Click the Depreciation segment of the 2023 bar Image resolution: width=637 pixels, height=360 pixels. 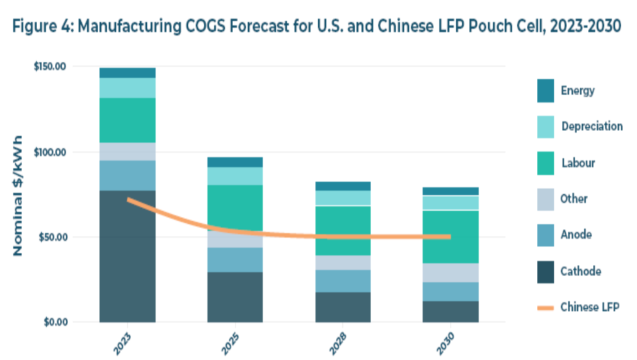tap(127, 88)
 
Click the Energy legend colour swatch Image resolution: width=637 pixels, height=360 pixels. tap(546, 90)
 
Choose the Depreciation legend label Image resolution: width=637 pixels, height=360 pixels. tap(591, 126)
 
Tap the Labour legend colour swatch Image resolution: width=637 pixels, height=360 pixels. tap(546, 163)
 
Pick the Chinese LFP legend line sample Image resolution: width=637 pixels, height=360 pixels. tap(546, 308)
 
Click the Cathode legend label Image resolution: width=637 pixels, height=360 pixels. tap(580, 272)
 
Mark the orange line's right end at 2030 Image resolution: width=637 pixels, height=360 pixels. tap(450, 236)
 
